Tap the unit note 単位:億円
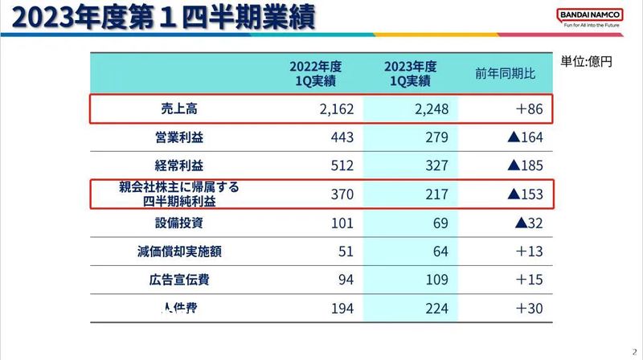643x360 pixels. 587,61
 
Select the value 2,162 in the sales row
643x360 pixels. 332,108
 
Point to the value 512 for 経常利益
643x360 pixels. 342,166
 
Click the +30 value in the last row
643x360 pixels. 529,309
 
